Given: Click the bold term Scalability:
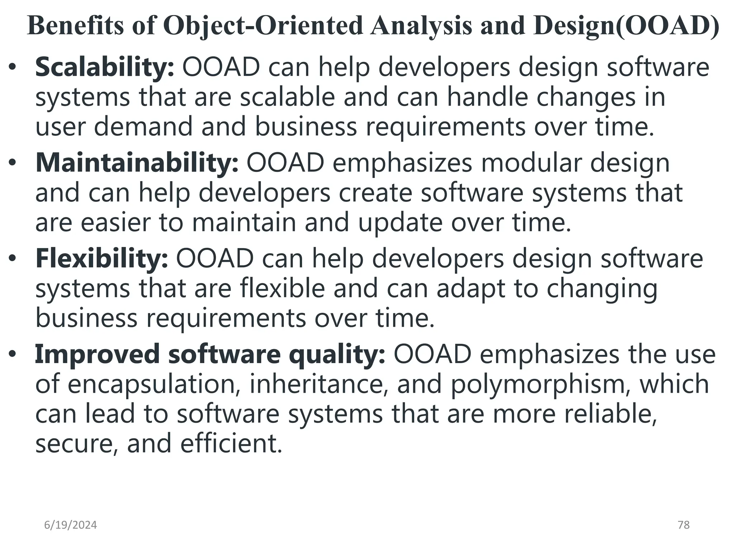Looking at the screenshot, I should tap(105, 67).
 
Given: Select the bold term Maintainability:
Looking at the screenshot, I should tap(137, 163).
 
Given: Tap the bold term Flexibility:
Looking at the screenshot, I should tap(101, 259).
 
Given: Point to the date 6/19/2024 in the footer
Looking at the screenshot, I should tap(71, 525).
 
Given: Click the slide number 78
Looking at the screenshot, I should tap(684, 525).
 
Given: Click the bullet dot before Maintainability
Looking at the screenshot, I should tap(13, 163).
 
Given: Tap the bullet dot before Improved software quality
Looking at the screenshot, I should tap(13, 354).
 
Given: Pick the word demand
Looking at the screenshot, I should tap(143, 127).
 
